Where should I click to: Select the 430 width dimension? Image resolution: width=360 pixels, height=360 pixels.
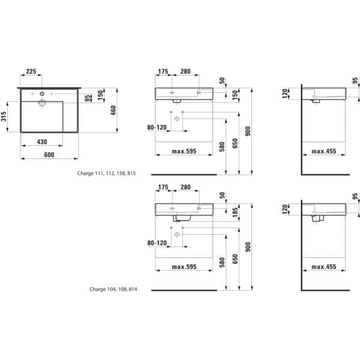click(x=41, y=142)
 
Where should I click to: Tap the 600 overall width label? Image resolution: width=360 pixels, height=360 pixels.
click(x=50, y=155)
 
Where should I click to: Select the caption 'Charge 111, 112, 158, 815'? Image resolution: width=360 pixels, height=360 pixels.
click(x=107, y=173)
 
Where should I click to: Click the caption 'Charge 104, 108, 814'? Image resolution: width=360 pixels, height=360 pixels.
click(x=113, y=289)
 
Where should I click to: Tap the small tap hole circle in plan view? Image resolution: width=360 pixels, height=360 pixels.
click(x=41, y=94)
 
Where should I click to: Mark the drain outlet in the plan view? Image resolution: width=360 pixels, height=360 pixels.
click(x=42, y=104)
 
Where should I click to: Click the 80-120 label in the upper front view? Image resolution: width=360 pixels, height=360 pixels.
click(x=157, y=127)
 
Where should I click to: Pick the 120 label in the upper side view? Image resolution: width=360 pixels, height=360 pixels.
click(x=286, y=93)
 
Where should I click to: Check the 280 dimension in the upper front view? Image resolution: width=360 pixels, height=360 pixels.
click(x=185, y=72)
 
